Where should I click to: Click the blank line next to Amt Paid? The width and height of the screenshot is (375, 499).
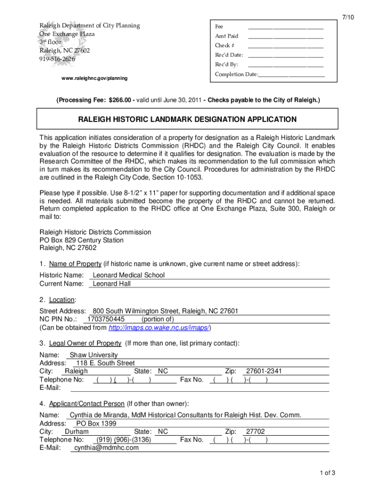pos(285,37)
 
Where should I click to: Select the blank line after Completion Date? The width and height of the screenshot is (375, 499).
pos(291,75)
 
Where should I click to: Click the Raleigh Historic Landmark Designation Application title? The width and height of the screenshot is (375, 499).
pos(187,119)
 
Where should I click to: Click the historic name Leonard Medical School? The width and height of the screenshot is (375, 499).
pos(129,275)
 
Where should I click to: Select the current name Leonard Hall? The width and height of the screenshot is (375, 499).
pos(112,284)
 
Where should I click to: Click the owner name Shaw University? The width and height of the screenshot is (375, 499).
pos(94,355)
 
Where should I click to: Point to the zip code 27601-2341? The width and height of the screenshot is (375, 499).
pos(264,371)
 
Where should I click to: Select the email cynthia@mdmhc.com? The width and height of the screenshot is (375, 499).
pos(106,448)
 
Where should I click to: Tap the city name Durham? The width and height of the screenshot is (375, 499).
pos(76,432)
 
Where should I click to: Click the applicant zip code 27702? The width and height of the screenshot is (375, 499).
pos(255,432)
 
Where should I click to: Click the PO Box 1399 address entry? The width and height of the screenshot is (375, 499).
pos(96,423)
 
